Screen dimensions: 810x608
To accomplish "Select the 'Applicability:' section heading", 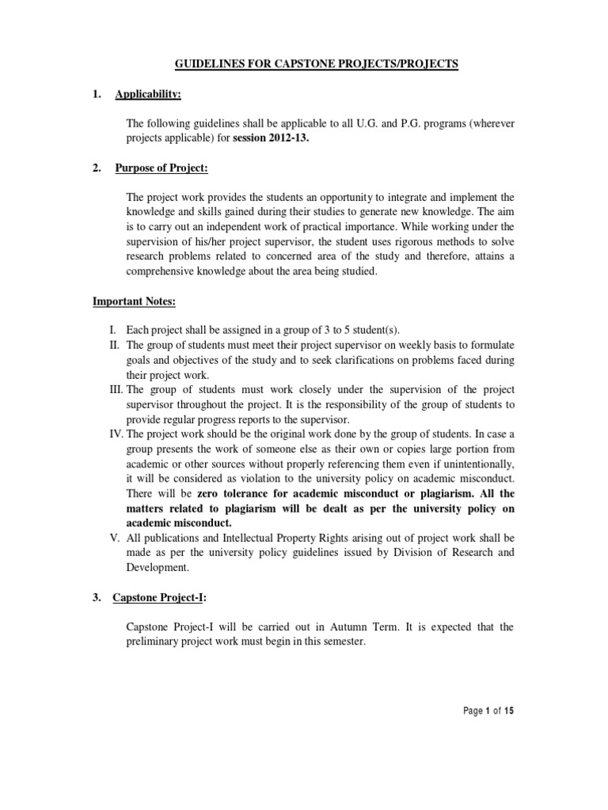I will point(148,95).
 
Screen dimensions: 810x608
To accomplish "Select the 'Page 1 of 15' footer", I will point(488,711).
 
